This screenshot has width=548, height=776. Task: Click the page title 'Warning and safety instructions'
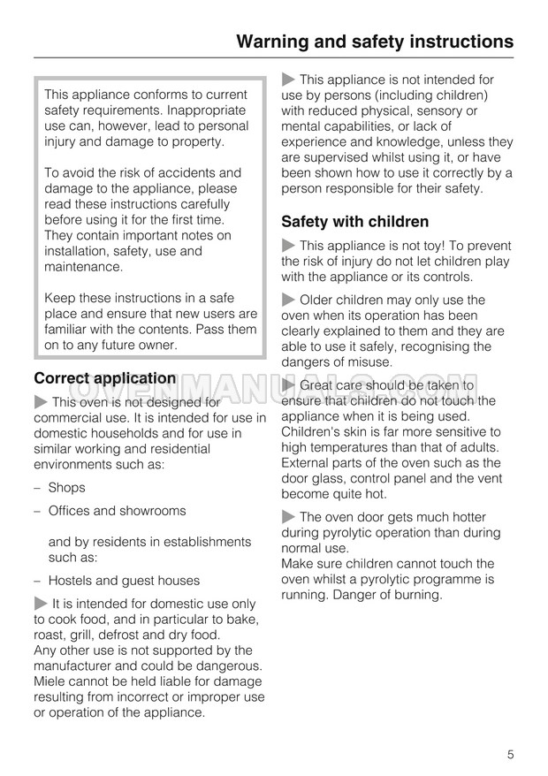tap(376, 41)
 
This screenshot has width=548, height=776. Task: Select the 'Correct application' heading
tap(104, 378)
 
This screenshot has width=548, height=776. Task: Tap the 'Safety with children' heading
tap(354, 222)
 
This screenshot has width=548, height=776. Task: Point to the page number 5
tap(511, 754)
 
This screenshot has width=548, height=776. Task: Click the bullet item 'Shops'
tap(66, 487)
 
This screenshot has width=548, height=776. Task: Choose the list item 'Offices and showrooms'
tap(117, 511)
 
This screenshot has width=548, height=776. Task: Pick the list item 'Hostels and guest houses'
tap(124, 581)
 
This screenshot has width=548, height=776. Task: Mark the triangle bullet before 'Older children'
tap(288, 301)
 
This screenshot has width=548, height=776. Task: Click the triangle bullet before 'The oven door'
tap(288, 517)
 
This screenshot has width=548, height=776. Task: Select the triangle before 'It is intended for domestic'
tap(41, 604)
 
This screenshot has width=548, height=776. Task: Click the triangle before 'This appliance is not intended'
tap(288, 80)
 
